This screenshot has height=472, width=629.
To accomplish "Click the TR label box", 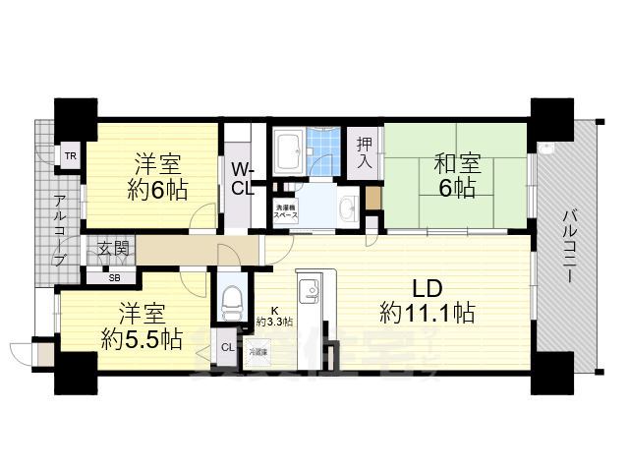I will (x=70, y=155).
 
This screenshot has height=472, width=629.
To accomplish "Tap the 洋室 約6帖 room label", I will (x=157, y=176).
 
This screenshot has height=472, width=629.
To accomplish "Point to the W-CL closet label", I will (x=243, y=177).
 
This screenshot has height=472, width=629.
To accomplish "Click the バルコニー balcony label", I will (x=569, y=245).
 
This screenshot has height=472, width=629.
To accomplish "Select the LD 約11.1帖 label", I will (x=429, y=301).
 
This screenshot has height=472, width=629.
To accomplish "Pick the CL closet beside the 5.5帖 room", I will (x=226, y=347).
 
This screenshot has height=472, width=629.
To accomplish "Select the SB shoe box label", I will (x=102, y=276).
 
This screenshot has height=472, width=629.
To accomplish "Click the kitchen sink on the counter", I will (x=305, y=291).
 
